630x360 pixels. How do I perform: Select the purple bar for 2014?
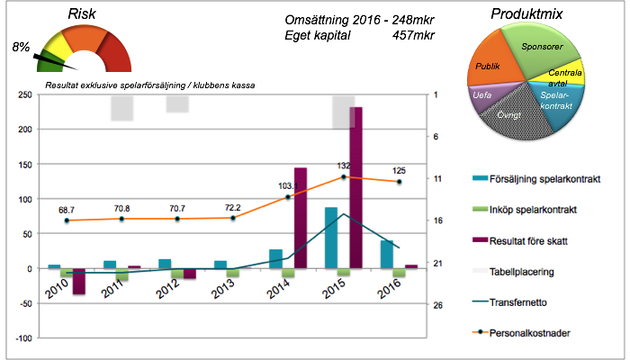pos(301,218)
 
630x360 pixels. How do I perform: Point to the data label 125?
pos(399,171)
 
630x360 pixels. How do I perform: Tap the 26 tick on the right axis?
pos(437,305)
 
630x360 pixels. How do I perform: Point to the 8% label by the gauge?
pos(22,45)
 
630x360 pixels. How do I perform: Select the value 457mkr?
pos(414,36)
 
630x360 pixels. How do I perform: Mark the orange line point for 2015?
pos(343,177)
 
